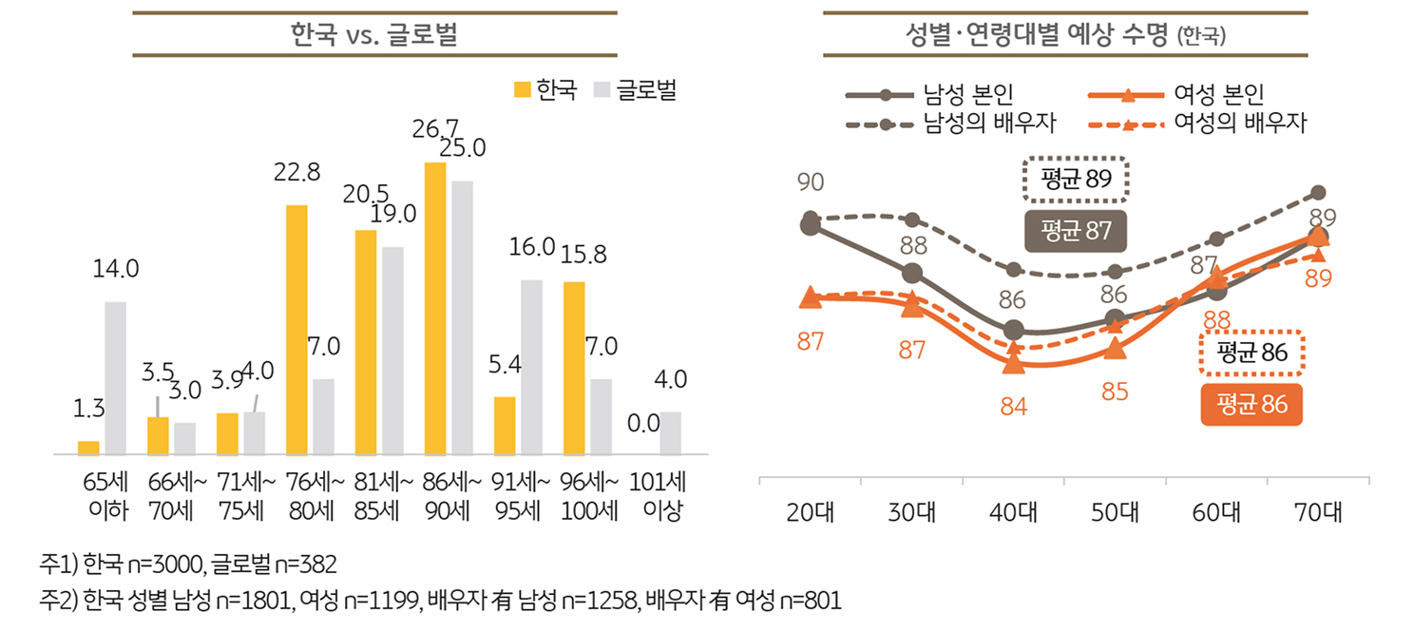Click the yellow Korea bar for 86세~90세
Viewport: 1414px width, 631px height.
435,309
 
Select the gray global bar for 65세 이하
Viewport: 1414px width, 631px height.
115,378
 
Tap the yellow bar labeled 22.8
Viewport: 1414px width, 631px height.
296,330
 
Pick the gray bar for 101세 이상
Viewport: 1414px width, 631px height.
671,433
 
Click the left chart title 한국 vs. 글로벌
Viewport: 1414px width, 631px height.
374,35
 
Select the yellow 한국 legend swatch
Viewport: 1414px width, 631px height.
522,90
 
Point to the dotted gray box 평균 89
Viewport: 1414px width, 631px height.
1076,180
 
